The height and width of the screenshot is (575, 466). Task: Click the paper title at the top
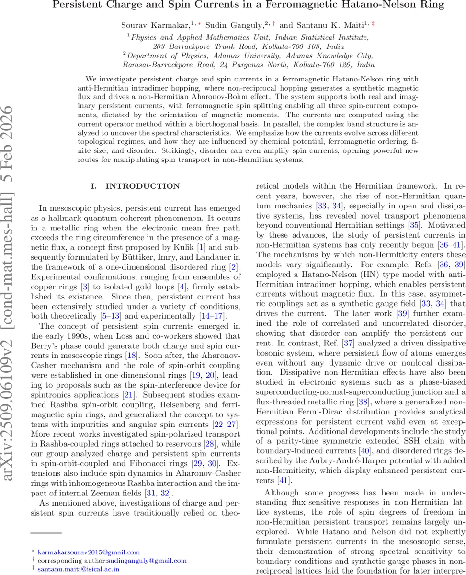248,6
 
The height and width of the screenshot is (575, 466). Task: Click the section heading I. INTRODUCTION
136,186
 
